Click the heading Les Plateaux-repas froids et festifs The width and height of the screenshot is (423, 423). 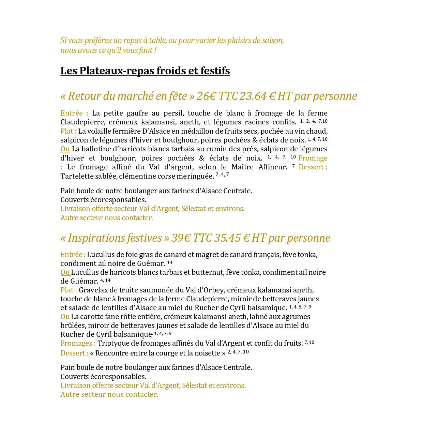[145, 71]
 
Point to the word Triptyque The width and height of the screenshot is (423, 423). [114, 343]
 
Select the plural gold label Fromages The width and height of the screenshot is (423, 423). [77, 343]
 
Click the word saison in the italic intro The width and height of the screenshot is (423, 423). [273, 40]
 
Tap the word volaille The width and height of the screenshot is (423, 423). [100, 131]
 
